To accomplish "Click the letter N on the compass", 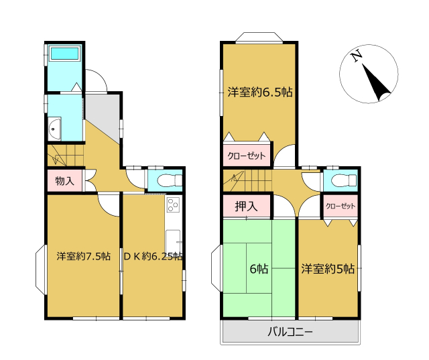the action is (356, 56).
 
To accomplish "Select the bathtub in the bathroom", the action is (64, 53).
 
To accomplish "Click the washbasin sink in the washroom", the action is (54, 129).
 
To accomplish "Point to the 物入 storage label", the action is (64, 181).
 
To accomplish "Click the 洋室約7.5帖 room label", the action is (83, 256).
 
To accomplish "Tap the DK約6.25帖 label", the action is (154, 256).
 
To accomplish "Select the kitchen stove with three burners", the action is (173, 204).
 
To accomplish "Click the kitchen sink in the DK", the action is (173, 239).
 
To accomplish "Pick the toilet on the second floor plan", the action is (344, 180).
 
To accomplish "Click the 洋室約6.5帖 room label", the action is (260, 93).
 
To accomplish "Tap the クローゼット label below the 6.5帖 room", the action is (247, 156).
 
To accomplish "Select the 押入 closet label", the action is (246, 206).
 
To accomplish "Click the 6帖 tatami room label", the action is (259, 269).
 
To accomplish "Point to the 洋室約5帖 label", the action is (328, 269).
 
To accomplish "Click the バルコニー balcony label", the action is (290, 332).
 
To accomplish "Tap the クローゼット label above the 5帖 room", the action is (341, 206).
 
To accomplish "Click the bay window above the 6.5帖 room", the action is (259, 38).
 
